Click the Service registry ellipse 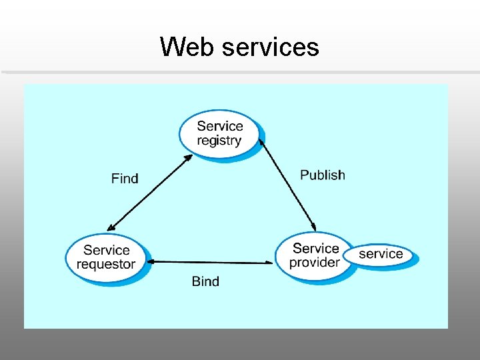tap(219, 133)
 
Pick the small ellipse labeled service tap(381, 254)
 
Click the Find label tap(125, 179)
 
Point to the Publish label tap(323, 175)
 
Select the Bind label tap(205, 281)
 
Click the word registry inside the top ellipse tap(219, 141)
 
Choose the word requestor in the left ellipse tap(105, 264)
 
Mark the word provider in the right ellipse tap(314, 263)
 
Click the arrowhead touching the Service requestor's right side tap(151, 261)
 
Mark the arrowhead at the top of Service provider tap(313, 227)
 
